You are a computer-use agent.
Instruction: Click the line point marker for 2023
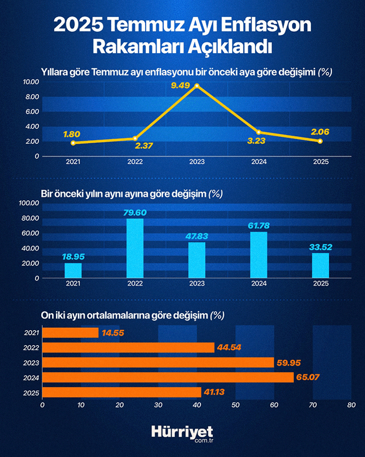197,86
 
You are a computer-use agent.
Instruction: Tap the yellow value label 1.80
72,133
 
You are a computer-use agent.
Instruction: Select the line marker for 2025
320,141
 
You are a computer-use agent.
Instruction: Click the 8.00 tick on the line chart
31,97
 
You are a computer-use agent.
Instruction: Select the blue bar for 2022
135,248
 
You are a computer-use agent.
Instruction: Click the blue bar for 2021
73,270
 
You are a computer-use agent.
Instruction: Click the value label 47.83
197,236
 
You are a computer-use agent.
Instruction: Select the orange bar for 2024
168,377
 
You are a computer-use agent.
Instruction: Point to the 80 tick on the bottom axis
351,405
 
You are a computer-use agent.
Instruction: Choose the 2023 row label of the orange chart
31,363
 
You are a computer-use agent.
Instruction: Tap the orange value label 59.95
290,363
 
